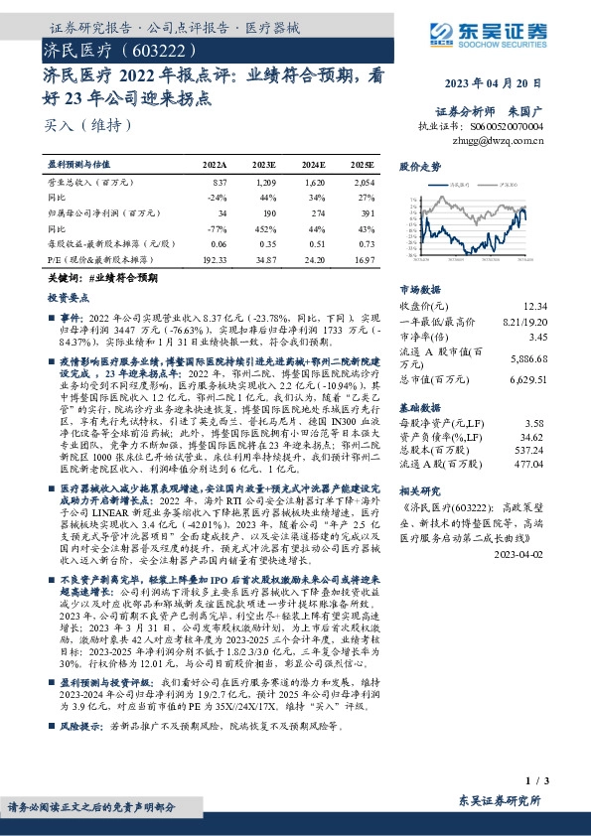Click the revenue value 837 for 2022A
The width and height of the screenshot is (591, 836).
[x=219, y=184]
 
